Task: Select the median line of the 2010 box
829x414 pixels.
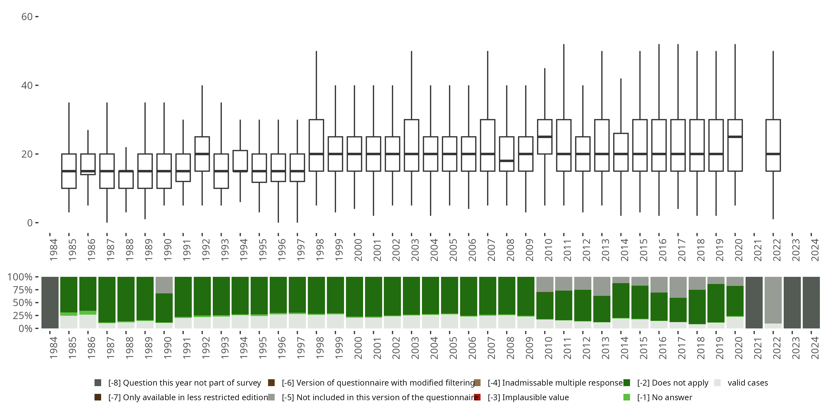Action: coord(544,137)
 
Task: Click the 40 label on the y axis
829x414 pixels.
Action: coord(27,86)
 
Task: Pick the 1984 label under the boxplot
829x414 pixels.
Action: coord(53,250)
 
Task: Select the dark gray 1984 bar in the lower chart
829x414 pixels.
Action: coord(50,302)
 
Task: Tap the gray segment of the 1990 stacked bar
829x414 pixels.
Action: coord(164,285)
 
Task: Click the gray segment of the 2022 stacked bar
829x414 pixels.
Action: coord(773,299)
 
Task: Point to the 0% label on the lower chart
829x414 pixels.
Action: coord(25,328)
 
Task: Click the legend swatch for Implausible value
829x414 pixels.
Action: coord(477,397)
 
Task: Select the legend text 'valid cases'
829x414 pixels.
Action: coord(747,383)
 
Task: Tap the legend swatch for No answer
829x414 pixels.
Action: coord(626,397)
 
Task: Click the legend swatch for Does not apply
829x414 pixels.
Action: coord(626,383)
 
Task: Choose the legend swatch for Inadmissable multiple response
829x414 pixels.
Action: coord(477,383)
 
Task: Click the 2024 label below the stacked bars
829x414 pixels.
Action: coord(815,348)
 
